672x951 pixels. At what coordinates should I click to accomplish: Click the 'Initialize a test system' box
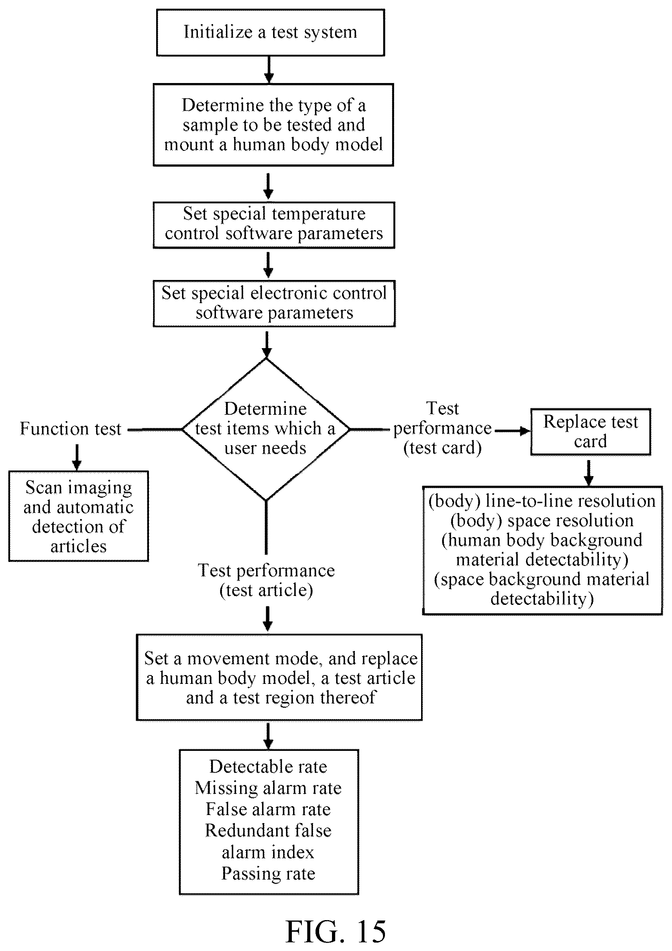click(270, 32)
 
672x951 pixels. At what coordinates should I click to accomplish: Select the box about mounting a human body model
click(273, 125)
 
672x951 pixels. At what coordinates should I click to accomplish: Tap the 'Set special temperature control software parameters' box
click(274, 225)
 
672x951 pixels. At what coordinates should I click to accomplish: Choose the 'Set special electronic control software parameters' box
click(274, 303)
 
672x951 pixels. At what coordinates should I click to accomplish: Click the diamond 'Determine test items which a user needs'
click(266, 429)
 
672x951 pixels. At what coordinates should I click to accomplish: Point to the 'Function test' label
click(71, 429)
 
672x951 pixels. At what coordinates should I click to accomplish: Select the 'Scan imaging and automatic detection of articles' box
click(78, 516)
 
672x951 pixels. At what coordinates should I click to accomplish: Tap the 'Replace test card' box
click(591, 432)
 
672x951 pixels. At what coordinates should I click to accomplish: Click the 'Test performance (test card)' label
click(442, 428)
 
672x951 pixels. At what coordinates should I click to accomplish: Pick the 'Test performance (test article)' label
click(266, 580)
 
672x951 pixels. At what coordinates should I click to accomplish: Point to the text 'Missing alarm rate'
click(268, 787)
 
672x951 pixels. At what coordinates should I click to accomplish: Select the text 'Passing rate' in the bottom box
click(268, 873)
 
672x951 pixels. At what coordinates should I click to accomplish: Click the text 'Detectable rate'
click(268, 766)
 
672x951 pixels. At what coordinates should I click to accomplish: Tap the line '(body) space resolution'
click(542, 521)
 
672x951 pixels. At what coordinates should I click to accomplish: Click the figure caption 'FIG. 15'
click(336, 931)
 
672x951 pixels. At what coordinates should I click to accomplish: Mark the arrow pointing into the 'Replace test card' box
click(512, 431)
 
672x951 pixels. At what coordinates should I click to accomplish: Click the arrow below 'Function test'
click(77, 458)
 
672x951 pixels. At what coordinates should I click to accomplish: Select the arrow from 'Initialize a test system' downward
click(269, 69)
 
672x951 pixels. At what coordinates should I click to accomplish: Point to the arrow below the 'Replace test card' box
click(589, 472)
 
